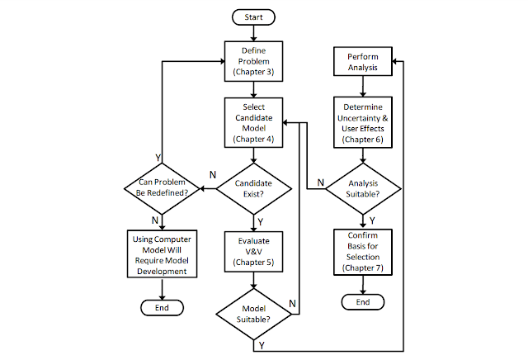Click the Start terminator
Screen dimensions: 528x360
pos(253,17)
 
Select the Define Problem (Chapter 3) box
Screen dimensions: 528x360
pos(253,61)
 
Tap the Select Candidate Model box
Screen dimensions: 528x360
pos(253,123)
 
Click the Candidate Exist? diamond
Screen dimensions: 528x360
pos(253,189)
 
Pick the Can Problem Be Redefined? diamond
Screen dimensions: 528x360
pos(162,189)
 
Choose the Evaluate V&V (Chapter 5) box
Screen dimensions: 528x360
pos(253,252)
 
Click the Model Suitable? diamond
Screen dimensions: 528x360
pos(253,314)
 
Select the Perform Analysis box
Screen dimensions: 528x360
pos(363,61)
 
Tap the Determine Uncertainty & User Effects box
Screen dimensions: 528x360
pos(363,123)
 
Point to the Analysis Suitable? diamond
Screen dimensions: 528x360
pos(363,189)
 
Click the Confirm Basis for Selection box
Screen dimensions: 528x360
pos(363,252)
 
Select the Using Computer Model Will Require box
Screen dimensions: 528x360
pos(162,254)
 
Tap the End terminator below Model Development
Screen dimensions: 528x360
pos(162,308)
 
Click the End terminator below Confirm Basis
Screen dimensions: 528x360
pos(363,302)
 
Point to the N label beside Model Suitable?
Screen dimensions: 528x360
pos(292,304)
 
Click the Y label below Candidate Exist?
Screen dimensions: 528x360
pos(261,222)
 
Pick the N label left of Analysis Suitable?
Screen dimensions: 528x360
pos(321,182)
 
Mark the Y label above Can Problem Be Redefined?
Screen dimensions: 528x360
pos(158,158)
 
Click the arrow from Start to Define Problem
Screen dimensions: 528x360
pos(253,33)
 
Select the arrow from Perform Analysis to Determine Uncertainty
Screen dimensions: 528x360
pos(363,87)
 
